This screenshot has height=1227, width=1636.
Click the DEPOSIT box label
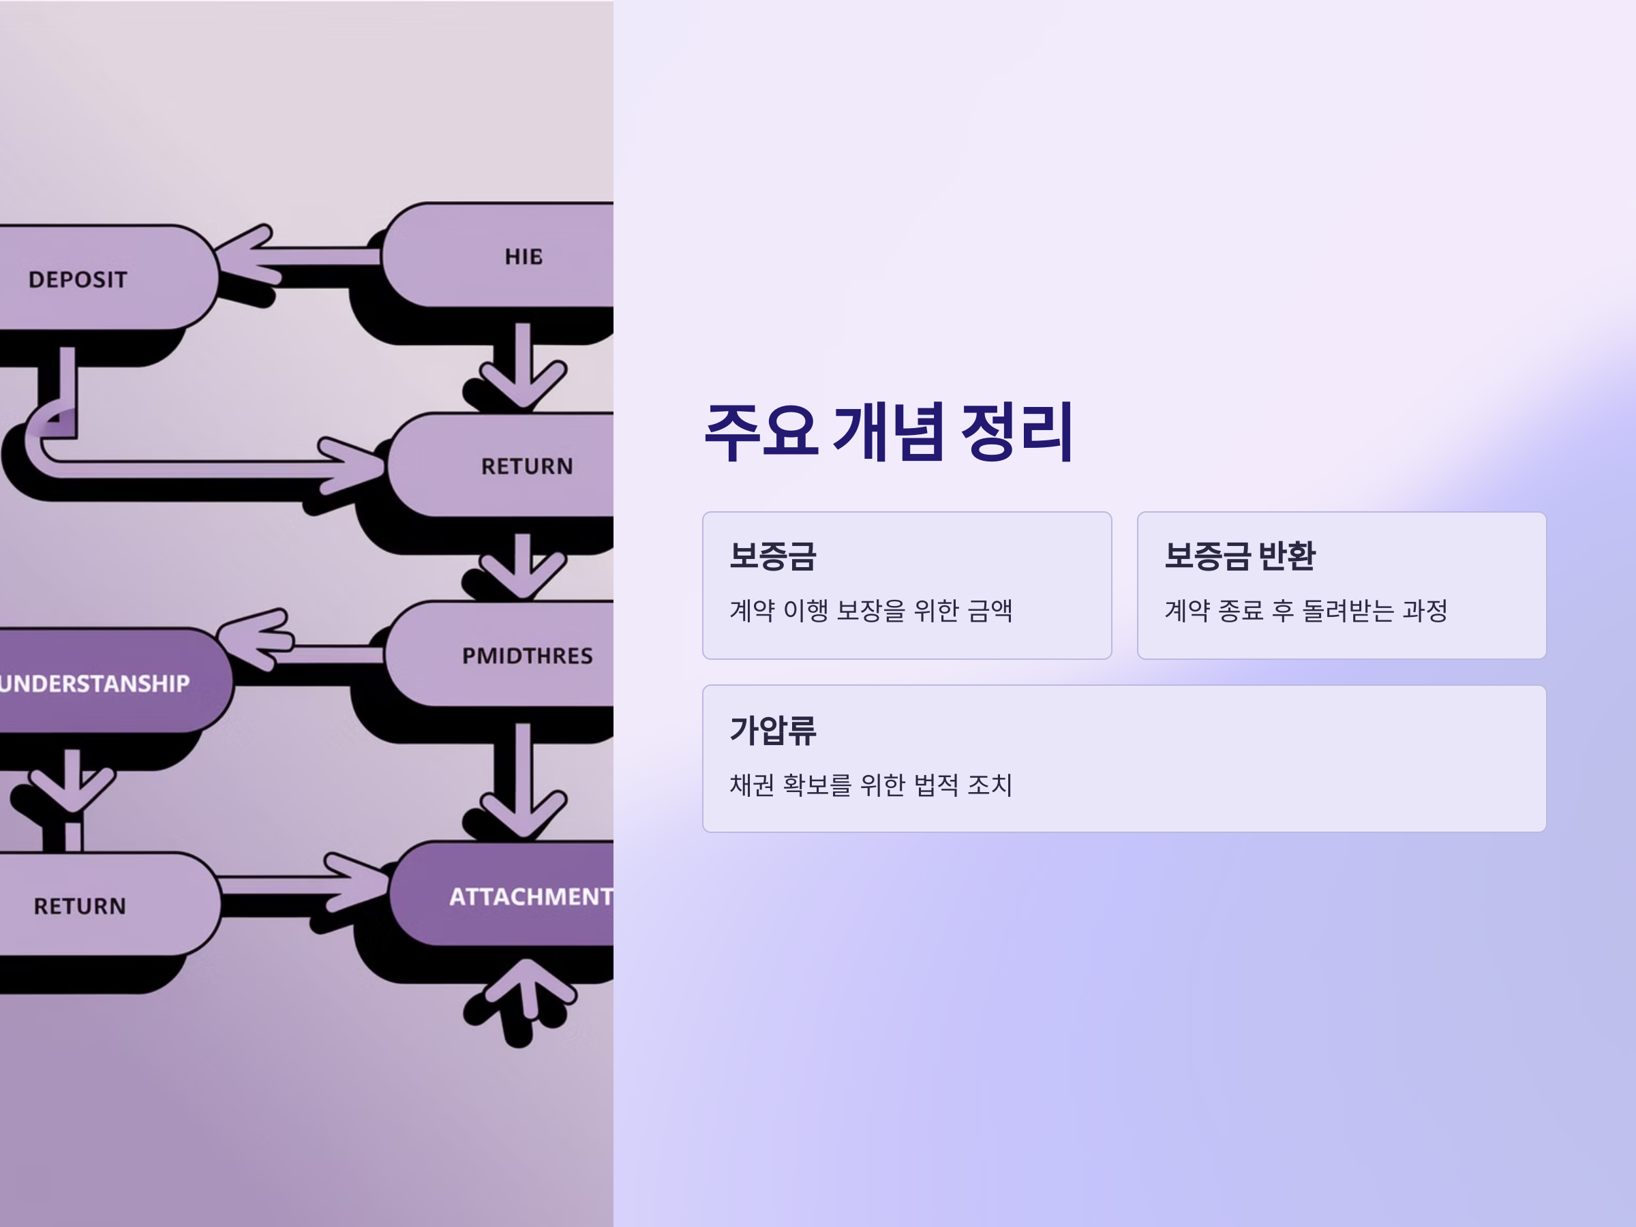78,279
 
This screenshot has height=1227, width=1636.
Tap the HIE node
524,256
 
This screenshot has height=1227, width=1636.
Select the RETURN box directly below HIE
527,466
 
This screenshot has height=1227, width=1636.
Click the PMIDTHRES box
527,655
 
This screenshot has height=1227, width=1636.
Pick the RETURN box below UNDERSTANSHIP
80,905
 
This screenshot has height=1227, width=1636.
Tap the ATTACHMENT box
530,896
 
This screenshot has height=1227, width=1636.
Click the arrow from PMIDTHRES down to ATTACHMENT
523,776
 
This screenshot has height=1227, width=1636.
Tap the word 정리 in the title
1016,432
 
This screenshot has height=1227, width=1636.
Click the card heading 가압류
773,730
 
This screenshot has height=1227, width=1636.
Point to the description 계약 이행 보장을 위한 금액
870,611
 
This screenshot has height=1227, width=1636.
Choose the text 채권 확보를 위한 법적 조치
870,785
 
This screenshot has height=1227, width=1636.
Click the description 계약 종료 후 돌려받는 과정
1305,611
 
